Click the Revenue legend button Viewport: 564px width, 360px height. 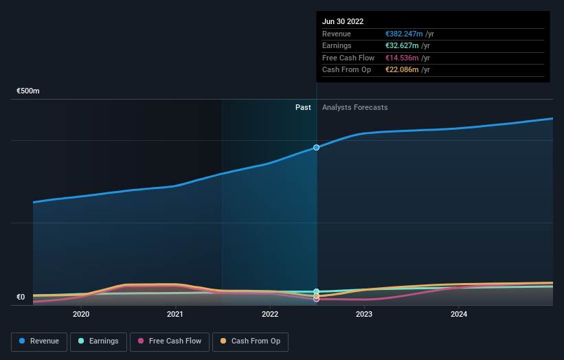[x=40, y=341]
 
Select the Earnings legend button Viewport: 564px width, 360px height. [x=98, y=341]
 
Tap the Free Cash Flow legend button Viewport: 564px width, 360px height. [x=170, y=341]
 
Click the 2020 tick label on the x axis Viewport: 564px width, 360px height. [x=81, y=314]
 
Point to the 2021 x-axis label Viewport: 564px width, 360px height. [x=175, y=314]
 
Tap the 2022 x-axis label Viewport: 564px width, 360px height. [x=270, y=314]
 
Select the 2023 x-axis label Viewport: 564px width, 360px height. [x=364, y=314]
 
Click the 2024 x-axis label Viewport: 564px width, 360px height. [x=459, y=314]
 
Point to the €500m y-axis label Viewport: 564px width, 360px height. [x=28, y=91]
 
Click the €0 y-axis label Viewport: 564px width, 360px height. [x=21, y=297]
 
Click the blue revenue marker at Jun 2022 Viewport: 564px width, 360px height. [x=317, y=148]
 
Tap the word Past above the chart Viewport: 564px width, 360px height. [x=303, y=108]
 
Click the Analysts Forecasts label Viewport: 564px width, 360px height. [x=354, y=108]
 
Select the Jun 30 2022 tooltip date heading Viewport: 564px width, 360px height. [x=344, y=22]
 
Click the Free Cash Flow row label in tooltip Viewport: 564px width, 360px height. [x=348, y=58]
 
